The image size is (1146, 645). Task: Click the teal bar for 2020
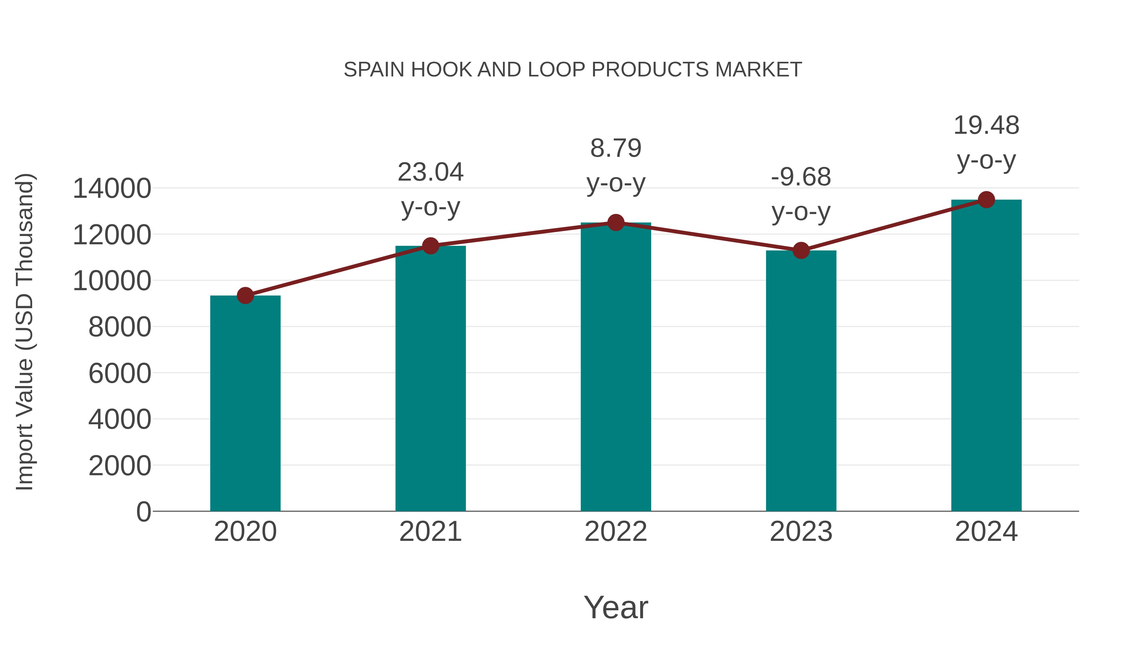(245, 403)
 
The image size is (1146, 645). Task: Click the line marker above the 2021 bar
(430, 246)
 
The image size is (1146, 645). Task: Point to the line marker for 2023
(801, 251)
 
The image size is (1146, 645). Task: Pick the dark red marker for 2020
(245, 295)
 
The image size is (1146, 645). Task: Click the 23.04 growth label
(430, 172)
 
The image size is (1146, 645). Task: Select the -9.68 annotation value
(801, 177)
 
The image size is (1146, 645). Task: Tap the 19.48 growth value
(986, 125)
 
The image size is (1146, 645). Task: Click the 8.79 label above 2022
(616, 148)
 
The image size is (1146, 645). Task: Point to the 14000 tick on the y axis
(112, 188)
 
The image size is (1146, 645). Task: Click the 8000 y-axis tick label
(120, 327)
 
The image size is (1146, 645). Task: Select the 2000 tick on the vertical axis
(120, 466)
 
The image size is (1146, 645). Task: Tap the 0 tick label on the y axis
(143, 512)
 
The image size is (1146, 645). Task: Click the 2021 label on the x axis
(430, 532)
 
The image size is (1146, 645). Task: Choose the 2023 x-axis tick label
(801, 532)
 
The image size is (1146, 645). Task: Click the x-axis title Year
(616, 607)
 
